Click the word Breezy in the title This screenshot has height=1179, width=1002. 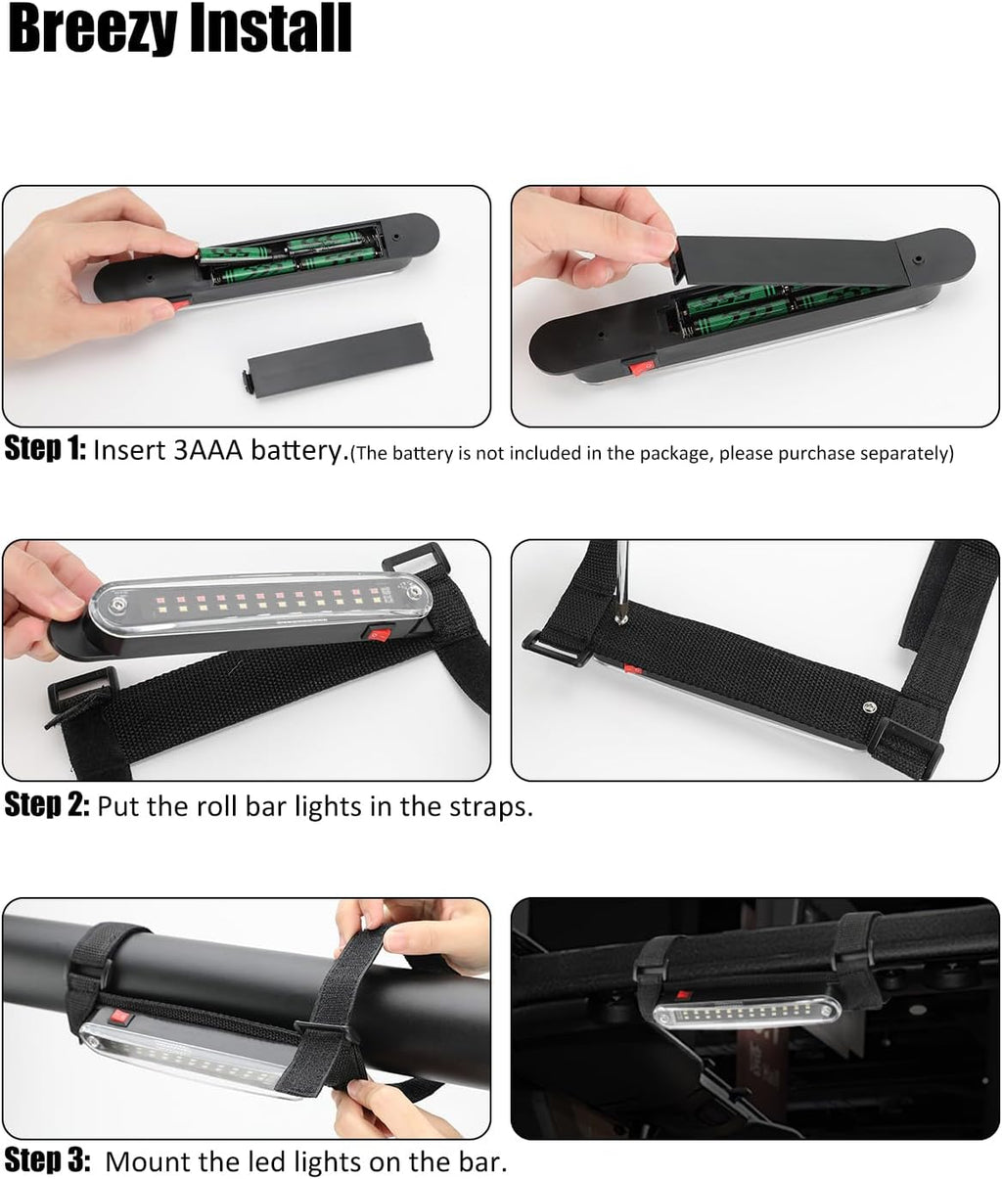pyautogui.click(x=93, y=28)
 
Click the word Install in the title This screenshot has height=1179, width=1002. pyautogui.click(x=270, y=27)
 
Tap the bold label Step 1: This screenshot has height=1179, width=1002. pyautogui.click(x=45, y=449)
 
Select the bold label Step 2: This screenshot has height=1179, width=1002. pyautogui.click(x=47, y=805)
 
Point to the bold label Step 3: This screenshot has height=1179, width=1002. pyautogui.click(x=47, y=1160)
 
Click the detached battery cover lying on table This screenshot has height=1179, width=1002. pyautogui.click(x=336, y=360)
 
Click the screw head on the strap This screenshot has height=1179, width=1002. pyautogui.click(x=869, y=707)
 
